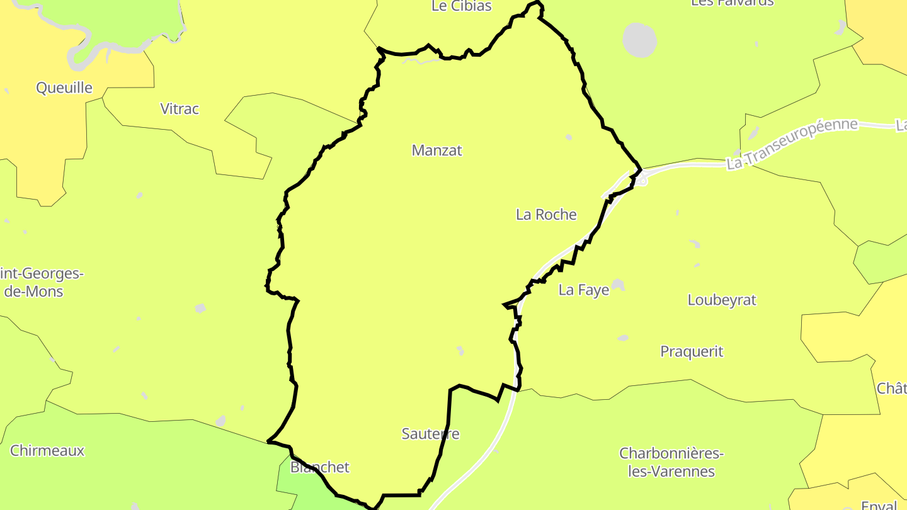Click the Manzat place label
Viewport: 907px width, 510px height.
[436, 150]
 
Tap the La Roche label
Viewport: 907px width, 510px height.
[546, 215]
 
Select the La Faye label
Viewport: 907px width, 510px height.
[584, 290]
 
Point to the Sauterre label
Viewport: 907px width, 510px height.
[431, 434]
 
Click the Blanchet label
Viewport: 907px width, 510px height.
[319, 467]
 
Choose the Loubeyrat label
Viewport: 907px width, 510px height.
[722, 300]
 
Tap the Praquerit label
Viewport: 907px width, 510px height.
[692, 351]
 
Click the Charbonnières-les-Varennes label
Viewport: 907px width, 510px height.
[671, 462]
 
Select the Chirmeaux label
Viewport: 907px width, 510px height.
[47, 451]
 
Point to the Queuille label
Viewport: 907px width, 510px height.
[64, 88]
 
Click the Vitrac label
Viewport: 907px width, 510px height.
[180, 109]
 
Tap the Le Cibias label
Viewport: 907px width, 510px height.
[462, 6]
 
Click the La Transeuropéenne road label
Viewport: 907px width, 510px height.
[792, 144]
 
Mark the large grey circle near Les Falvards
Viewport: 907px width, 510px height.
[639, 40]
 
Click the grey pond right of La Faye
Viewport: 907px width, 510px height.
[618, 285]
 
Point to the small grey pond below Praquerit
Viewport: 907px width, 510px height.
[622, 338]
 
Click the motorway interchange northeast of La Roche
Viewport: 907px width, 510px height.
[640, 181]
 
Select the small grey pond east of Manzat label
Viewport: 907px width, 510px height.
[569, 137]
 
